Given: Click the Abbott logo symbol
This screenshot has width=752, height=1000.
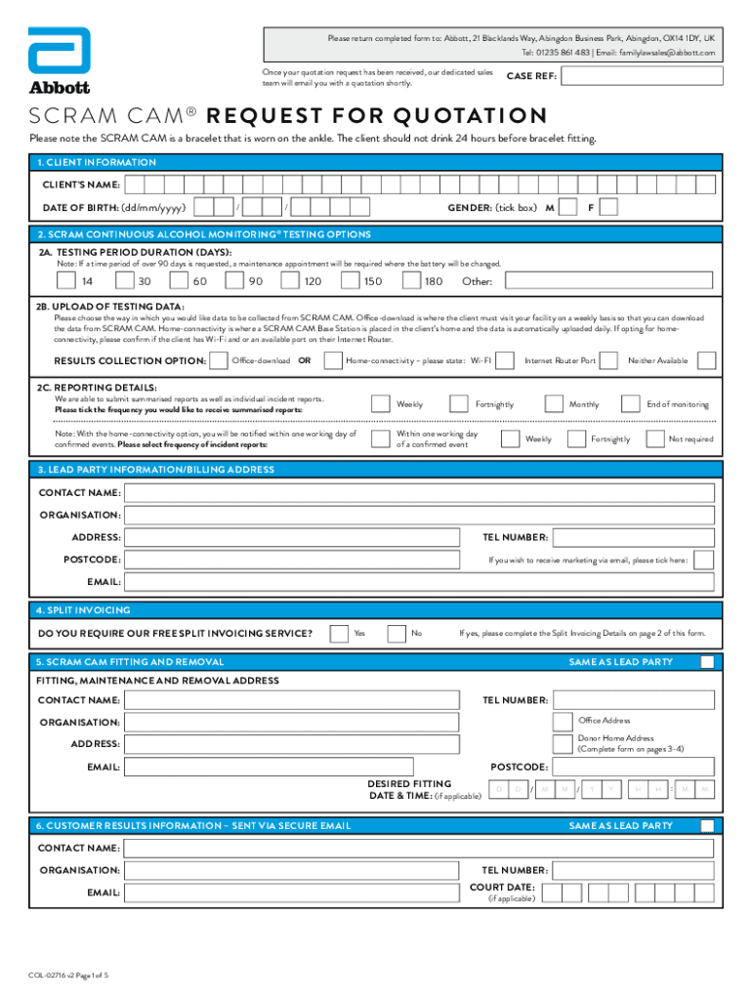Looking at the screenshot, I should click(x=59, y=50).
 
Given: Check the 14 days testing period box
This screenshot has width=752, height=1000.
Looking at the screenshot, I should click(x=67, y=281).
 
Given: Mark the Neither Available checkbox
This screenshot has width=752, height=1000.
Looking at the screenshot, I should click(x=613, y=360).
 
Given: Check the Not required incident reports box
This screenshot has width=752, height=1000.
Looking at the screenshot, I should click(x=653, y=438).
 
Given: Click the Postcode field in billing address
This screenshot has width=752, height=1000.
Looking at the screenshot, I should click(x=293, y=560).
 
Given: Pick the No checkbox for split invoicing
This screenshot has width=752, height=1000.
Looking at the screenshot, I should click(x=396, y=634).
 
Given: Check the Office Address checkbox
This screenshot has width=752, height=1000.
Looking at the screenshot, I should click(x=562, y=721).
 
